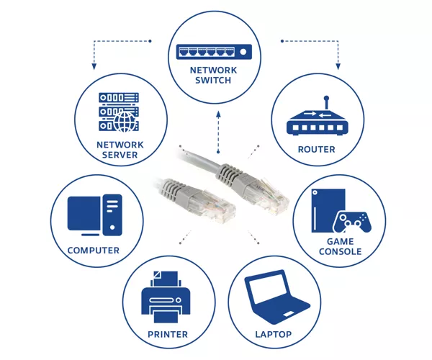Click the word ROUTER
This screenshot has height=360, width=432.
coord(316,149)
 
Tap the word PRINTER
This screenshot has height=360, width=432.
coord(168,334)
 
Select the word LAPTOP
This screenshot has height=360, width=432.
coord(274,334)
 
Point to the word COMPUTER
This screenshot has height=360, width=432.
coord(94,251)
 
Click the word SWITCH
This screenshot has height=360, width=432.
coord(213,81)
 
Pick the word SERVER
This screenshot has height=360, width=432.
coord(120,155)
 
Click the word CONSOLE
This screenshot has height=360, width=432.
coord(341,251)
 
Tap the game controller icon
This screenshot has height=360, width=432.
coord(352,222)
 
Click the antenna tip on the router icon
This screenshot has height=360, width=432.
coord(326,98)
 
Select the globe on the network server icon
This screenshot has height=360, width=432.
coord(125,122)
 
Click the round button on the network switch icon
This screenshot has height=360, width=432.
coord(243,52)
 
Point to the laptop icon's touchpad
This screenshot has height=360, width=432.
coord(289,314)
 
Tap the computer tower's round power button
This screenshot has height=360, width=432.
coord(112,228)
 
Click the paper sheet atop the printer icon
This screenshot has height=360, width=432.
coord(166,279)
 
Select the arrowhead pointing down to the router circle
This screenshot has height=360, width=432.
coord(338,66)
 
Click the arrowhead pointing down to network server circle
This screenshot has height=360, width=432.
coord(94,66)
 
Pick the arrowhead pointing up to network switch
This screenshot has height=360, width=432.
coord(218,114)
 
